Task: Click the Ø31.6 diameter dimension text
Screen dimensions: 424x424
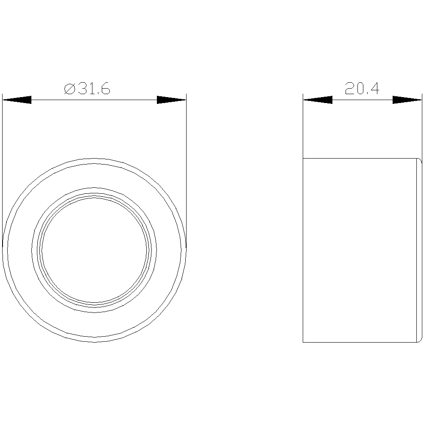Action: click(x=87, y=89)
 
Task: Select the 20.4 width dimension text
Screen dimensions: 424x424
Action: click(x=362, y=89)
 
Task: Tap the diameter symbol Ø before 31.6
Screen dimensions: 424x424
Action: click(x=70, y=89)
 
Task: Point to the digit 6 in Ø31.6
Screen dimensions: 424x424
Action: click(x=106, y=89)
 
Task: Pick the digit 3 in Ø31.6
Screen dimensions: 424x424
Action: click(x=82, y=89)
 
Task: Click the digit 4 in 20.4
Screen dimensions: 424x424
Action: click(x=374, y=89)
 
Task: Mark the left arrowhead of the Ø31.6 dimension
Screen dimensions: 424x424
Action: click(x=17, y=100)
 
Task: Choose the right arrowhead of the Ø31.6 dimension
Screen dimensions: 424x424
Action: click(x=171, y=100)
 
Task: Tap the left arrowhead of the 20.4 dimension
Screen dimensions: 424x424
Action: click(x=318, y=100)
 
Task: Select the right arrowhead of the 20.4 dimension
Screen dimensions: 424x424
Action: click(x=407, y=100)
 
